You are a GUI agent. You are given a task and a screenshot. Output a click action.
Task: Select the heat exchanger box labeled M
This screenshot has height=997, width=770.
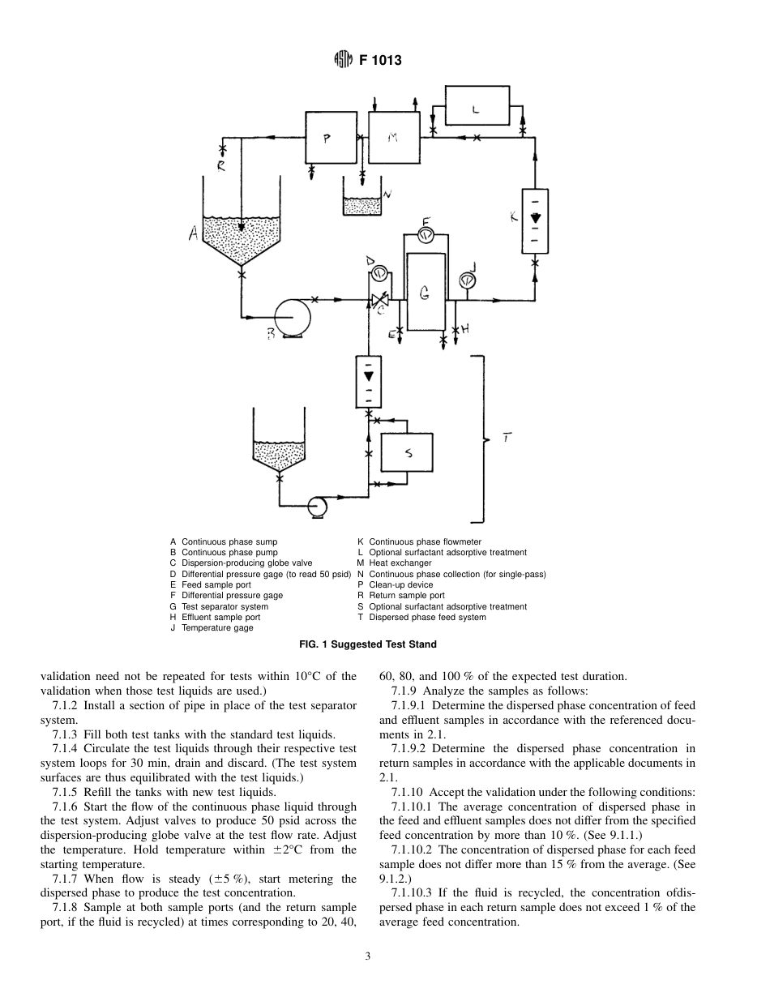click(394, 139)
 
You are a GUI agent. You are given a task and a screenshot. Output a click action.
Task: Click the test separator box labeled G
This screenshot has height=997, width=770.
click(426, 292)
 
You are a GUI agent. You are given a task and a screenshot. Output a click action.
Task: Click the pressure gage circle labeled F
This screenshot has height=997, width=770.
click(426, 235)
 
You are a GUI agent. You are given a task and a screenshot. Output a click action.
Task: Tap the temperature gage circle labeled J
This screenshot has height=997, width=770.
click(467, 280)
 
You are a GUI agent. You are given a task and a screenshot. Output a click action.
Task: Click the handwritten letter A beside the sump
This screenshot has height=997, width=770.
click(194, 234)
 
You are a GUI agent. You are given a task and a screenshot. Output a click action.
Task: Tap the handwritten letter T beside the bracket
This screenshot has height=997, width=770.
click(506, 439)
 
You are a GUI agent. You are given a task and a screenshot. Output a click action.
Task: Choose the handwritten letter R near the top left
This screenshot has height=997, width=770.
click(221, 166)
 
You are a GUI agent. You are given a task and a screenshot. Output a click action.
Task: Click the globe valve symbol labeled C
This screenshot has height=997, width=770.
click(379, 301)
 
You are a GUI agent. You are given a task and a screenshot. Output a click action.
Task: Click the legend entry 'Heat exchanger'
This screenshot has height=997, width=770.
click(400, 563)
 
